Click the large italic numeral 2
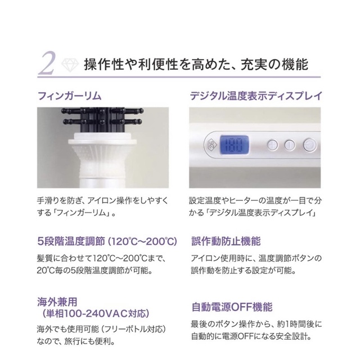[47, 64]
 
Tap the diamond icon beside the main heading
[70, 65]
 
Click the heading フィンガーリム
[69, 96]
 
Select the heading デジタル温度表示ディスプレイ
[256, 96]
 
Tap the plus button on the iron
[273, 145]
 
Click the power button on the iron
[309, 145]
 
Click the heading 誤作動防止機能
[226, 241]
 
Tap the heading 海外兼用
[57, 301]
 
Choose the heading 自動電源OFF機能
[232, 307]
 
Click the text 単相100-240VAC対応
[95, 314]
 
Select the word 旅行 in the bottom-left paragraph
[72, 341]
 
